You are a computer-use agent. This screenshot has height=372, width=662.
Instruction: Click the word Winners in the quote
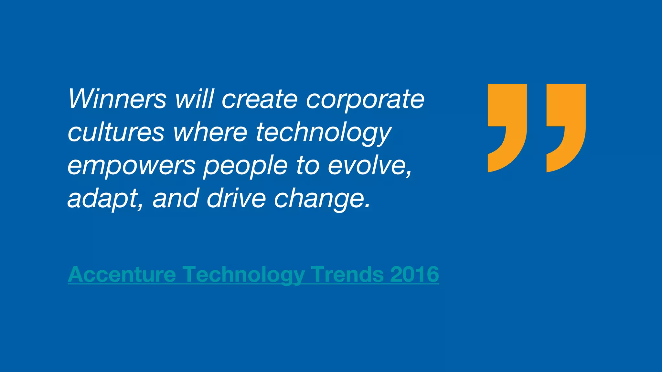(x=117, y=99)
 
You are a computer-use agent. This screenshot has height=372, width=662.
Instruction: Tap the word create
(x=259, y=99)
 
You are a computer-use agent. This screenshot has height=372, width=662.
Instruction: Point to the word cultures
(x=116, y=132)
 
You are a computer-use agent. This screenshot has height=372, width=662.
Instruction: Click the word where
(x=210, y=132)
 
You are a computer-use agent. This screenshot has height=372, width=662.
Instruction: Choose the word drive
(x=236, y=198)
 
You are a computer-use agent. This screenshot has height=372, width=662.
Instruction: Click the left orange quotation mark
(x=507, y=123)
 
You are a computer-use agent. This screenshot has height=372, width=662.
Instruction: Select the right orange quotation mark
(x=566, y=123)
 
